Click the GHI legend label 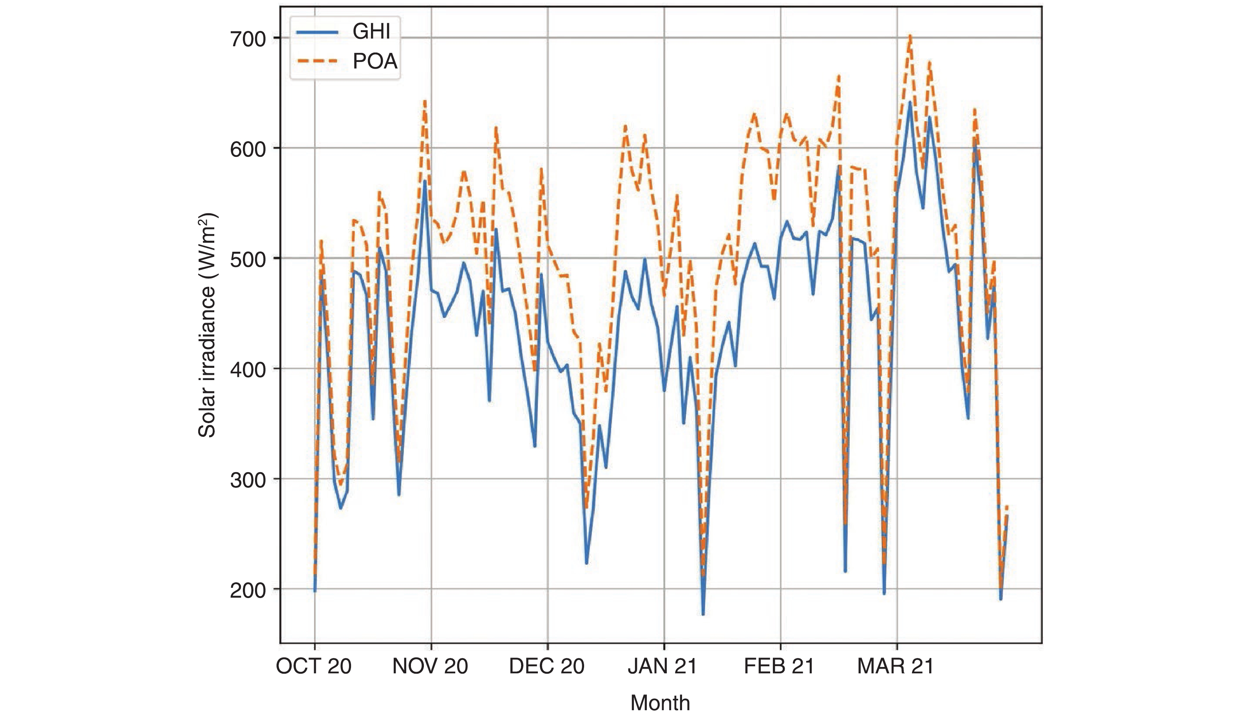[371, 32]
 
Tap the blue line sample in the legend [317, 32]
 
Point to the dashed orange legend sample [317, 62]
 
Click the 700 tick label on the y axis [248, 39]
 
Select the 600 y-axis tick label [248, 149]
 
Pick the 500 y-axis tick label [248, 259]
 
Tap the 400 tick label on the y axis [248, 369]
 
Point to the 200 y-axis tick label [248, 590]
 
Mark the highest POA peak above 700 [910, 35]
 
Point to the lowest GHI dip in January [703, 614]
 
